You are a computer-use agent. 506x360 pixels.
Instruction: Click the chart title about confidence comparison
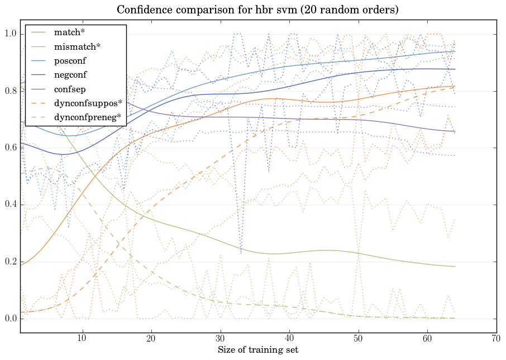pyautogui.click(x=257, y=10)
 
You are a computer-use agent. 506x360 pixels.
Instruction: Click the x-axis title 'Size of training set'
pyautogui.click(x=257, y=350)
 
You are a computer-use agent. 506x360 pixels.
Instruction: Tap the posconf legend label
pyautogui.click(x=70, y=61)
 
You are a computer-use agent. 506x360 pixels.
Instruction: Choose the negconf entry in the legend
pyautogui.click(x=70, y=75)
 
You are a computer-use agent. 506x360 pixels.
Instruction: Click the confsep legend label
pyautogui.click(x=69, y=89)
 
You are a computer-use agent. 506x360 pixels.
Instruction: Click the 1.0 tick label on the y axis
pyautogui.click(x=11, y=34)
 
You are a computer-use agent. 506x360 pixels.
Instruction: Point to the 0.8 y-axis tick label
pyautogui.click(x=11, y=91)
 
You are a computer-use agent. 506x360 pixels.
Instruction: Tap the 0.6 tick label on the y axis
pyautogui.click(x=11, y=148)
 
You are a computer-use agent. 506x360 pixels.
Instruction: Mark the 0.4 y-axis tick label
pyautogui.click(x=11, y=205)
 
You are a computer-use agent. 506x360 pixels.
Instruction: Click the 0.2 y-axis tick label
pyautogui.click(x=11, y=262)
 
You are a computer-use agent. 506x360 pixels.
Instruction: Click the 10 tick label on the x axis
pyautogui.click(x=82, y=338)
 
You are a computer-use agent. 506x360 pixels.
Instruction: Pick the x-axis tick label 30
pyautogui.click(x=221, y=338)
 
